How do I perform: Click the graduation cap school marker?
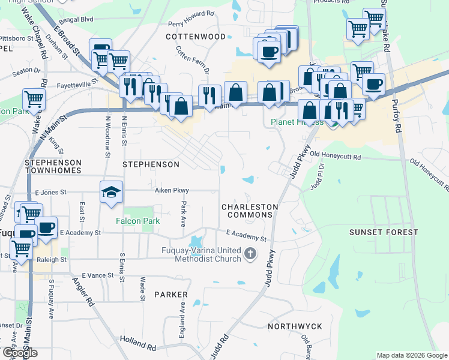tap(111, 193)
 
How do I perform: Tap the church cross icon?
tap(252, 254)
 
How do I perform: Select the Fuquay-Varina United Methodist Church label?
tap(200, 254)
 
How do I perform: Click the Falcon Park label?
tap(138, 221)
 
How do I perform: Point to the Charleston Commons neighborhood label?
tap(250, 211)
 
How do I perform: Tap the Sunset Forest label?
tap(384, 232)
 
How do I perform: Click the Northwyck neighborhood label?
tap(295, 326)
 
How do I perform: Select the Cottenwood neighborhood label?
tap(196, 37)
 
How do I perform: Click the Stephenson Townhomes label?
tap(53, 167)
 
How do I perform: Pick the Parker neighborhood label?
tap(170, 295)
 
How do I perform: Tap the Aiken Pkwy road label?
tap(172, 190)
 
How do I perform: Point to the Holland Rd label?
tap(137, 344)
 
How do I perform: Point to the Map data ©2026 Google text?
tap(411, 355)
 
